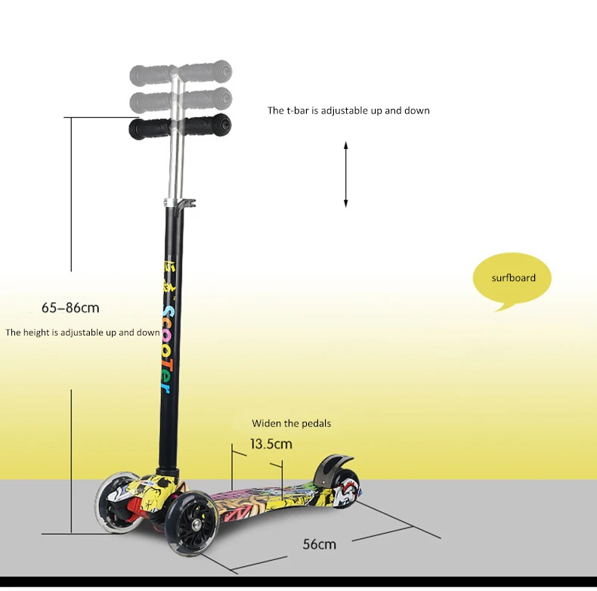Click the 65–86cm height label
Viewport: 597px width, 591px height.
[x=70, y=308]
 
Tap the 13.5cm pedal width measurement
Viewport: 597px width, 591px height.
[x=271, y=444]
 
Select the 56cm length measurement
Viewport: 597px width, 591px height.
[x=320, y=544]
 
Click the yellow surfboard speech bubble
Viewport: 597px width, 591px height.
[x=512, y=279]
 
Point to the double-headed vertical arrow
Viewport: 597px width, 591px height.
[x=345, y=175]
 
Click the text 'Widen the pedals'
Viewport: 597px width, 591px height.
[x=291, y=423]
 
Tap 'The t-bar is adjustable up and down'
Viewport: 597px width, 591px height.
[x=348, y=110]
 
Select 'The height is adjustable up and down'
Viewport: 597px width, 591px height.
[x=82, y=333]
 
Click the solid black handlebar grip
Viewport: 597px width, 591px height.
[x=180, y=127]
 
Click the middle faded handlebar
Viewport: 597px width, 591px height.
[x=180, y=100]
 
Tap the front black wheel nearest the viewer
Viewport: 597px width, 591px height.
[x=192, y=525]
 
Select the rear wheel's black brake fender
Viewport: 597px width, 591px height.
[x=330, y=469]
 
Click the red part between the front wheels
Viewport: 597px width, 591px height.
[x=134, y=509]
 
